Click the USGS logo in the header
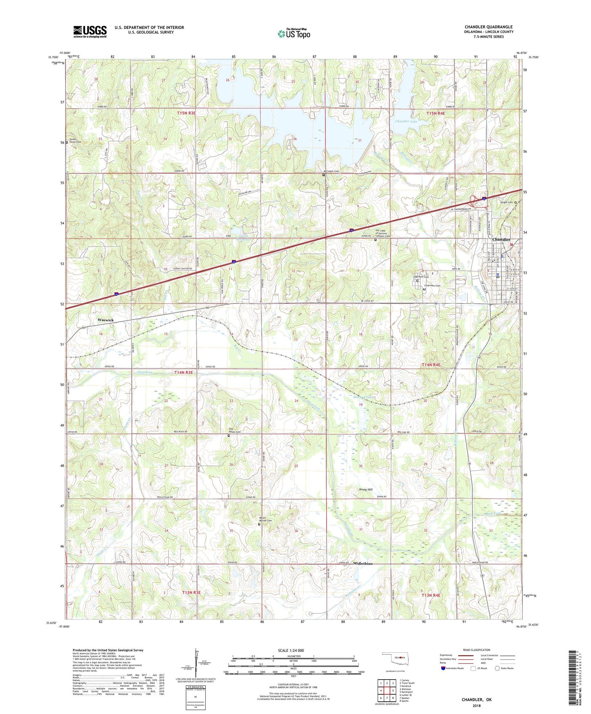[x=90, y=31]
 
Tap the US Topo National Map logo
[x=294, y=34]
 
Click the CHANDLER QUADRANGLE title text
[x=488, y=27]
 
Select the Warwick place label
[x=106, y=320]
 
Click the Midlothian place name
[x=362, y=564]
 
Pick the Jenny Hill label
[x=366, y=489]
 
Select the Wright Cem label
[x=506, y=202]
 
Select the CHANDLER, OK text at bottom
[x=476, y=700]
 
